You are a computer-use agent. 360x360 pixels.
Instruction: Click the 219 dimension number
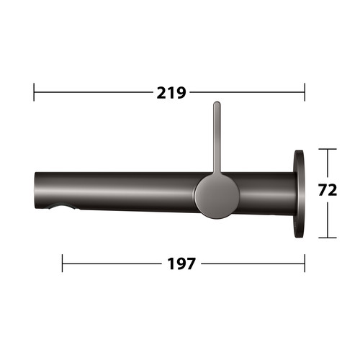point(171,93)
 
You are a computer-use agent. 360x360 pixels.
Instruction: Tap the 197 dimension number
point(181,264)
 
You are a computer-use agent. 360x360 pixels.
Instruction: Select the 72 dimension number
point(328,190)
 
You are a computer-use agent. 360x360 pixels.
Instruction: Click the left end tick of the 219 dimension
point(34,92)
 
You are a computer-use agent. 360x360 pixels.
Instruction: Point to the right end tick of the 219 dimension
point(305,92)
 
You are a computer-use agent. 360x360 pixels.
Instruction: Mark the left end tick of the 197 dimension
point(62,264)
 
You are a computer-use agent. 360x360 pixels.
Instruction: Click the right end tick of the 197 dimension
point(305,264)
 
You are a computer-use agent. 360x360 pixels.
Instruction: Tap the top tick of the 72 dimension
point(328,149)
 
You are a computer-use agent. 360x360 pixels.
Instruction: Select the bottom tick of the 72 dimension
point(328,238)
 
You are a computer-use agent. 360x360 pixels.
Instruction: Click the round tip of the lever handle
point(217,104)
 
